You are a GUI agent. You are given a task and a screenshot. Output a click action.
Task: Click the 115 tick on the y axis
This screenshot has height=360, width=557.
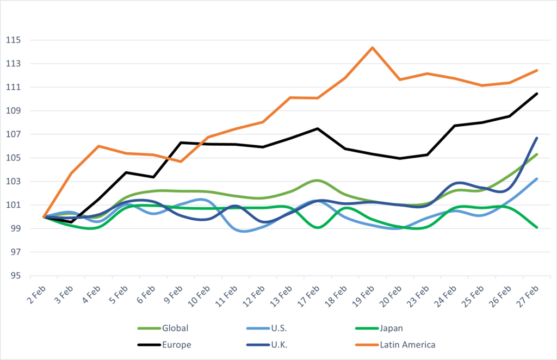click(x=13, y=40)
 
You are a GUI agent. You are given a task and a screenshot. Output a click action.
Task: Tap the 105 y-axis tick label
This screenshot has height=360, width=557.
click(x=13, y=158)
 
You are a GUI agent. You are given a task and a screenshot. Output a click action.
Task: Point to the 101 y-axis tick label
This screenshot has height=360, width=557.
click(x=13, y=205)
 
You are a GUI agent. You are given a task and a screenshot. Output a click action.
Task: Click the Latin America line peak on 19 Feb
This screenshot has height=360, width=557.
click(x=373, y=47)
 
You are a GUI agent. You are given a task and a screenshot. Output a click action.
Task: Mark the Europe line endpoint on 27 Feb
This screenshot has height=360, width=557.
click(x=537, y=94)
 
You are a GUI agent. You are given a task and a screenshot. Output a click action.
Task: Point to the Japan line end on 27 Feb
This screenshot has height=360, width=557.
click(x=537, y=227)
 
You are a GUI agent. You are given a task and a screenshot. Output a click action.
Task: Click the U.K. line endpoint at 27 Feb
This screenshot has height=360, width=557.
click(x=537, y=138)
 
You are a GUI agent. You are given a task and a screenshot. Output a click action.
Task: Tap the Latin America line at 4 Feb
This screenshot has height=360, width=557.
click(x=98, y=146)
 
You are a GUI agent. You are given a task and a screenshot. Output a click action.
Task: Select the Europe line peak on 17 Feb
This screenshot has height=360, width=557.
click(x=318, y=129)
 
